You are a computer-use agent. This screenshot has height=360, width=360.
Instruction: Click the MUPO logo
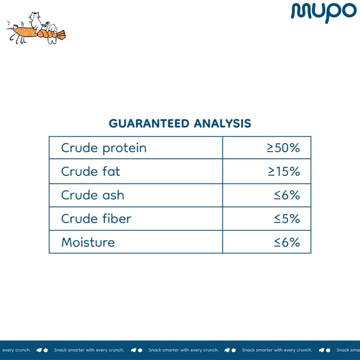pos(323,12)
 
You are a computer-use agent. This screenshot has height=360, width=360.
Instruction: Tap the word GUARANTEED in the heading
pos(149,123)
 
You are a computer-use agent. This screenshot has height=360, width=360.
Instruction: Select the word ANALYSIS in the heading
pos(222,123)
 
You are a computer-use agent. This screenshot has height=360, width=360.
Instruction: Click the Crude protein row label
pos(104,148)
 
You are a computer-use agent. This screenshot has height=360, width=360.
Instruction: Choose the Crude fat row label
pos(90,171)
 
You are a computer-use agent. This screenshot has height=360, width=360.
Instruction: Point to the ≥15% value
pos(284,171)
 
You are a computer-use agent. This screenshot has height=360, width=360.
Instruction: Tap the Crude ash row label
pos(93,195)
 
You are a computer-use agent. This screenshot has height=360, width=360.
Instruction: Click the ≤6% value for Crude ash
pos(287,195)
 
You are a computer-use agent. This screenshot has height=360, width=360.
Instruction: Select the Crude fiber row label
pos(96,218)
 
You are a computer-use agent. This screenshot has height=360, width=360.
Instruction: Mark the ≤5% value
pos(287,218)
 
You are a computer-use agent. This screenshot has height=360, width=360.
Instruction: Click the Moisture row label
pos(88,242)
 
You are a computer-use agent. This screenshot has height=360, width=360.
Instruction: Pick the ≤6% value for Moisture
pos(287,242)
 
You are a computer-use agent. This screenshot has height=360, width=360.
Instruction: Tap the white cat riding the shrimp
pos(35,22)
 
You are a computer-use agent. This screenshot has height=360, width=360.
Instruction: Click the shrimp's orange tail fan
pos(61,35)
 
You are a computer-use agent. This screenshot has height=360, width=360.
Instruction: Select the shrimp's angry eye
pos(15,27)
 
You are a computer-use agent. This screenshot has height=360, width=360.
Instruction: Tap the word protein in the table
pos(124,148)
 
